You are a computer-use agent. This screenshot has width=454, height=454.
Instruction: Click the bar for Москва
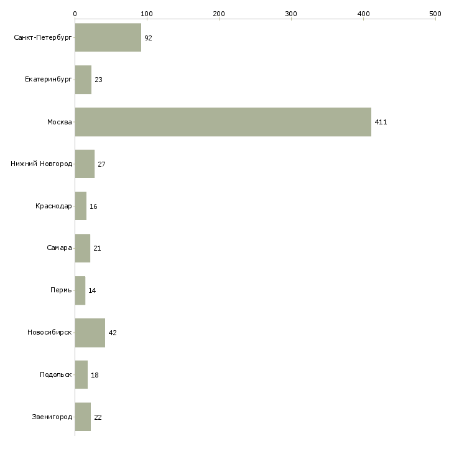[223, 122]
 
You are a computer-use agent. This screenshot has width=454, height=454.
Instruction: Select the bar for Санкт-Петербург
[108, 38]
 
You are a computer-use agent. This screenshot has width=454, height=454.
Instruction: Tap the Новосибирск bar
[90, 332]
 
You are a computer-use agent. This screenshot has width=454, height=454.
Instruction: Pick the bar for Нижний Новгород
[85, 164]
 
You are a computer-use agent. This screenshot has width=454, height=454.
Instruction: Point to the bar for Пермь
[80, 290]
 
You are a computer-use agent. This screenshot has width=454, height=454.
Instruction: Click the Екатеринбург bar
[83, 80]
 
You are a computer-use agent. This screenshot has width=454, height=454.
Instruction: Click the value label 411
[381, 122]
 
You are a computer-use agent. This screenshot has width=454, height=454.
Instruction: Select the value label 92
[148, 38]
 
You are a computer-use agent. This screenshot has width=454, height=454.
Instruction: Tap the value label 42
[113, 333]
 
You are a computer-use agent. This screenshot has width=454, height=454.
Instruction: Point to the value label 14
[92, 290]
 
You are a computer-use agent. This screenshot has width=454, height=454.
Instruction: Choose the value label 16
[93, 206]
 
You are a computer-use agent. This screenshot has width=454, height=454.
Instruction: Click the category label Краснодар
[53, 206]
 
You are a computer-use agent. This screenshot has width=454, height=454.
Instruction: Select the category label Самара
[59, 248]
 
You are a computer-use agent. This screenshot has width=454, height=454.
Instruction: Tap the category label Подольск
[55, 375]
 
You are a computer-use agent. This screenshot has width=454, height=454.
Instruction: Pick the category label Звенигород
[52, 417]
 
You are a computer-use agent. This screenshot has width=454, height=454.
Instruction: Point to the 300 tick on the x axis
[291, 13]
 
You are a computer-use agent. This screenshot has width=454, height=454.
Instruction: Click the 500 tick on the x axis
[435, 13]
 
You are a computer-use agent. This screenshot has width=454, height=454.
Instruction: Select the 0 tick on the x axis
[75, 13]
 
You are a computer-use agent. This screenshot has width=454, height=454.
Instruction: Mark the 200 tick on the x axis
[219, 13]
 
